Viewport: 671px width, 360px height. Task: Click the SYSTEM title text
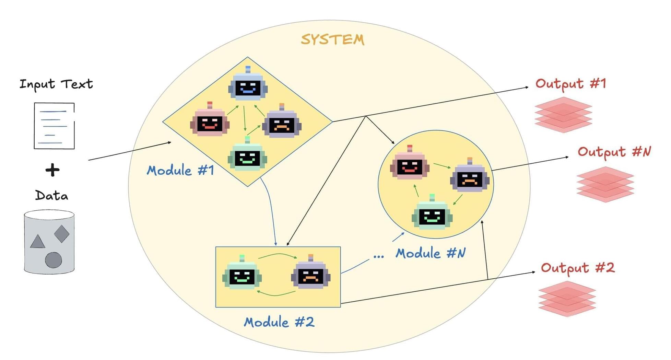332,39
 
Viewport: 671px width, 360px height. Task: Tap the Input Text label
56,84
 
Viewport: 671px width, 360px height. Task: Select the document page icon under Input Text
54,126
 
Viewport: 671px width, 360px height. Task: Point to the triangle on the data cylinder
37,242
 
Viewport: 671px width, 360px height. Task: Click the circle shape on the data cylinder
54,260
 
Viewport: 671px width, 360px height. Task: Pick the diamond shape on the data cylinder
62,234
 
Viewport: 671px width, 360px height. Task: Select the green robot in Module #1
247,156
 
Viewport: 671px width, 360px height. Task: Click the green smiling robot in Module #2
242,274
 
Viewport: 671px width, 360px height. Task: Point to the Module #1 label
180,171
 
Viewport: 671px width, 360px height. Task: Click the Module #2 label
279,322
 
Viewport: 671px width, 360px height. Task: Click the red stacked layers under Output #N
605,184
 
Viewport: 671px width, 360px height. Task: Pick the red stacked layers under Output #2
567,299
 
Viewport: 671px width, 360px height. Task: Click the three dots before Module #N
378,256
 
